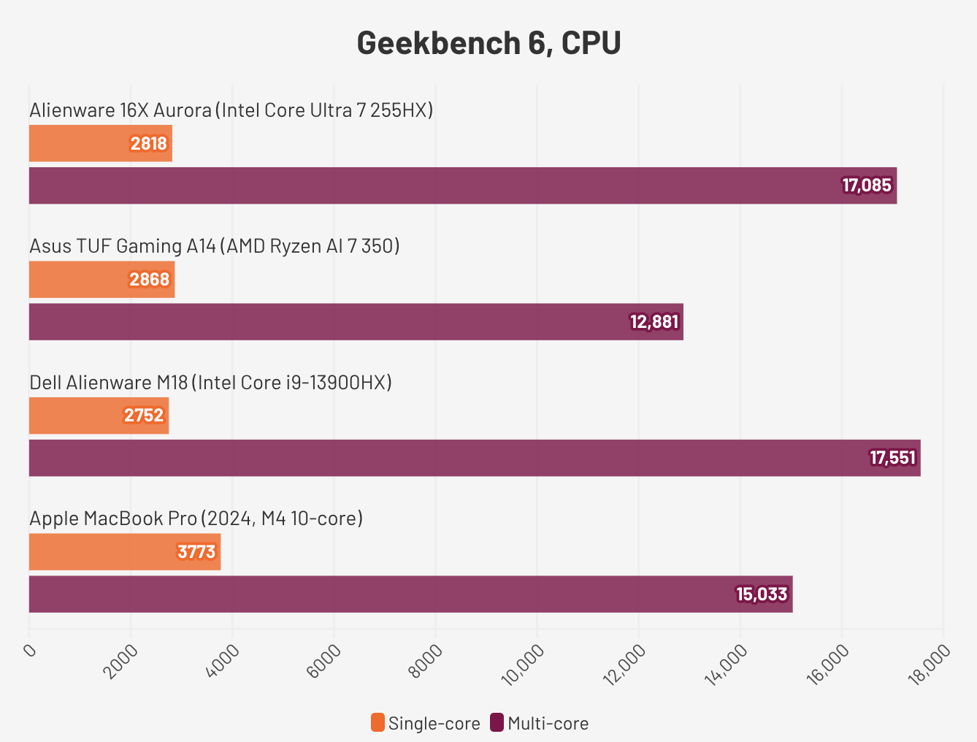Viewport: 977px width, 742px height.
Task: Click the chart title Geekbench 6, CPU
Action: click(488, 43)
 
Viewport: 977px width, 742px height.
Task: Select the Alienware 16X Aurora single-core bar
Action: click(100, 143)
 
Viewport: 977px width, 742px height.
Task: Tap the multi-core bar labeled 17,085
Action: click(462, 185)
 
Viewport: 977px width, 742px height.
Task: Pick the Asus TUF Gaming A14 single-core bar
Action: click(101, 280)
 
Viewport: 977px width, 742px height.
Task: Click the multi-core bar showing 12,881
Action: click(356, 321)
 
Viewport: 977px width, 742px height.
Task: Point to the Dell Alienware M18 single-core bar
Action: click(99, 416)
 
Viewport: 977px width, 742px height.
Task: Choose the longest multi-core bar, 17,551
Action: click(475, 458)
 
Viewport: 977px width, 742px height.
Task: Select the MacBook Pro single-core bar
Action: click(124, 551)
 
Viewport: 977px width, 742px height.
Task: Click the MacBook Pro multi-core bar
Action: click(410, 594)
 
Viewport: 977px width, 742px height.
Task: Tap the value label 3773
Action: click(196, 551)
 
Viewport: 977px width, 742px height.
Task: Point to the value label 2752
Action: click(144, 416)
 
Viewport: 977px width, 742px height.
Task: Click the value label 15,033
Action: click(762, 594)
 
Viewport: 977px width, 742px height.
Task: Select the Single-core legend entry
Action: click(426, 723)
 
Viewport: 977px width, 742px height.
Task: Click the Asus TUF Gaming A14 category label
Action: click(214, 246)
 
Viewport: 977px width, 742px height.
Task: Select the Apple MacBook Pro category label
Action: click(196, 519)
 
